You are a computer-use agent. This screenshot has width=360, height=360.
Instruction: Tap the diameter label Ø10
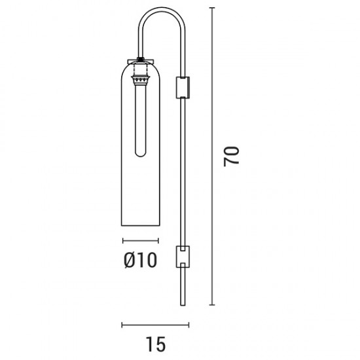[x=141, y=260]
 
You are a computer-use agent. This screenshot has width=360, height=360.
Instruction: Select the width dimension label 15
[x=155, y=344]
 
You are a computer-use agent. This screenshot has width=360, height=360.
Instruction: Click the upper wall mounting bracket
[x=183, y=88]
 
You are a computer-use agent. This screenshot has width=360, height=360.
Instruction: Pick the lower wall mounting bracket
[x=183, y=257]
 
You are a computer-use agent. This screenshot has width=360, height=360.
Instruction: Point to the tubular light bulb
[x=141, y=119]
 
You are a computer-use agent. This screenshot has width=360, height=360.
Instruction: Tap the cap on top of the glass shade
[x=141, y=62]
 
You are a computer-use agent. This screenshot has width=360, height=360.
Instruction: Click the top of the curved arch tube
[x=162, y=9]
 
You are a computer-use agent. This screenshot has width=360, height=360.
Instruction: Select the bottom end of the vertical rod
[x=183, y=305]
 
